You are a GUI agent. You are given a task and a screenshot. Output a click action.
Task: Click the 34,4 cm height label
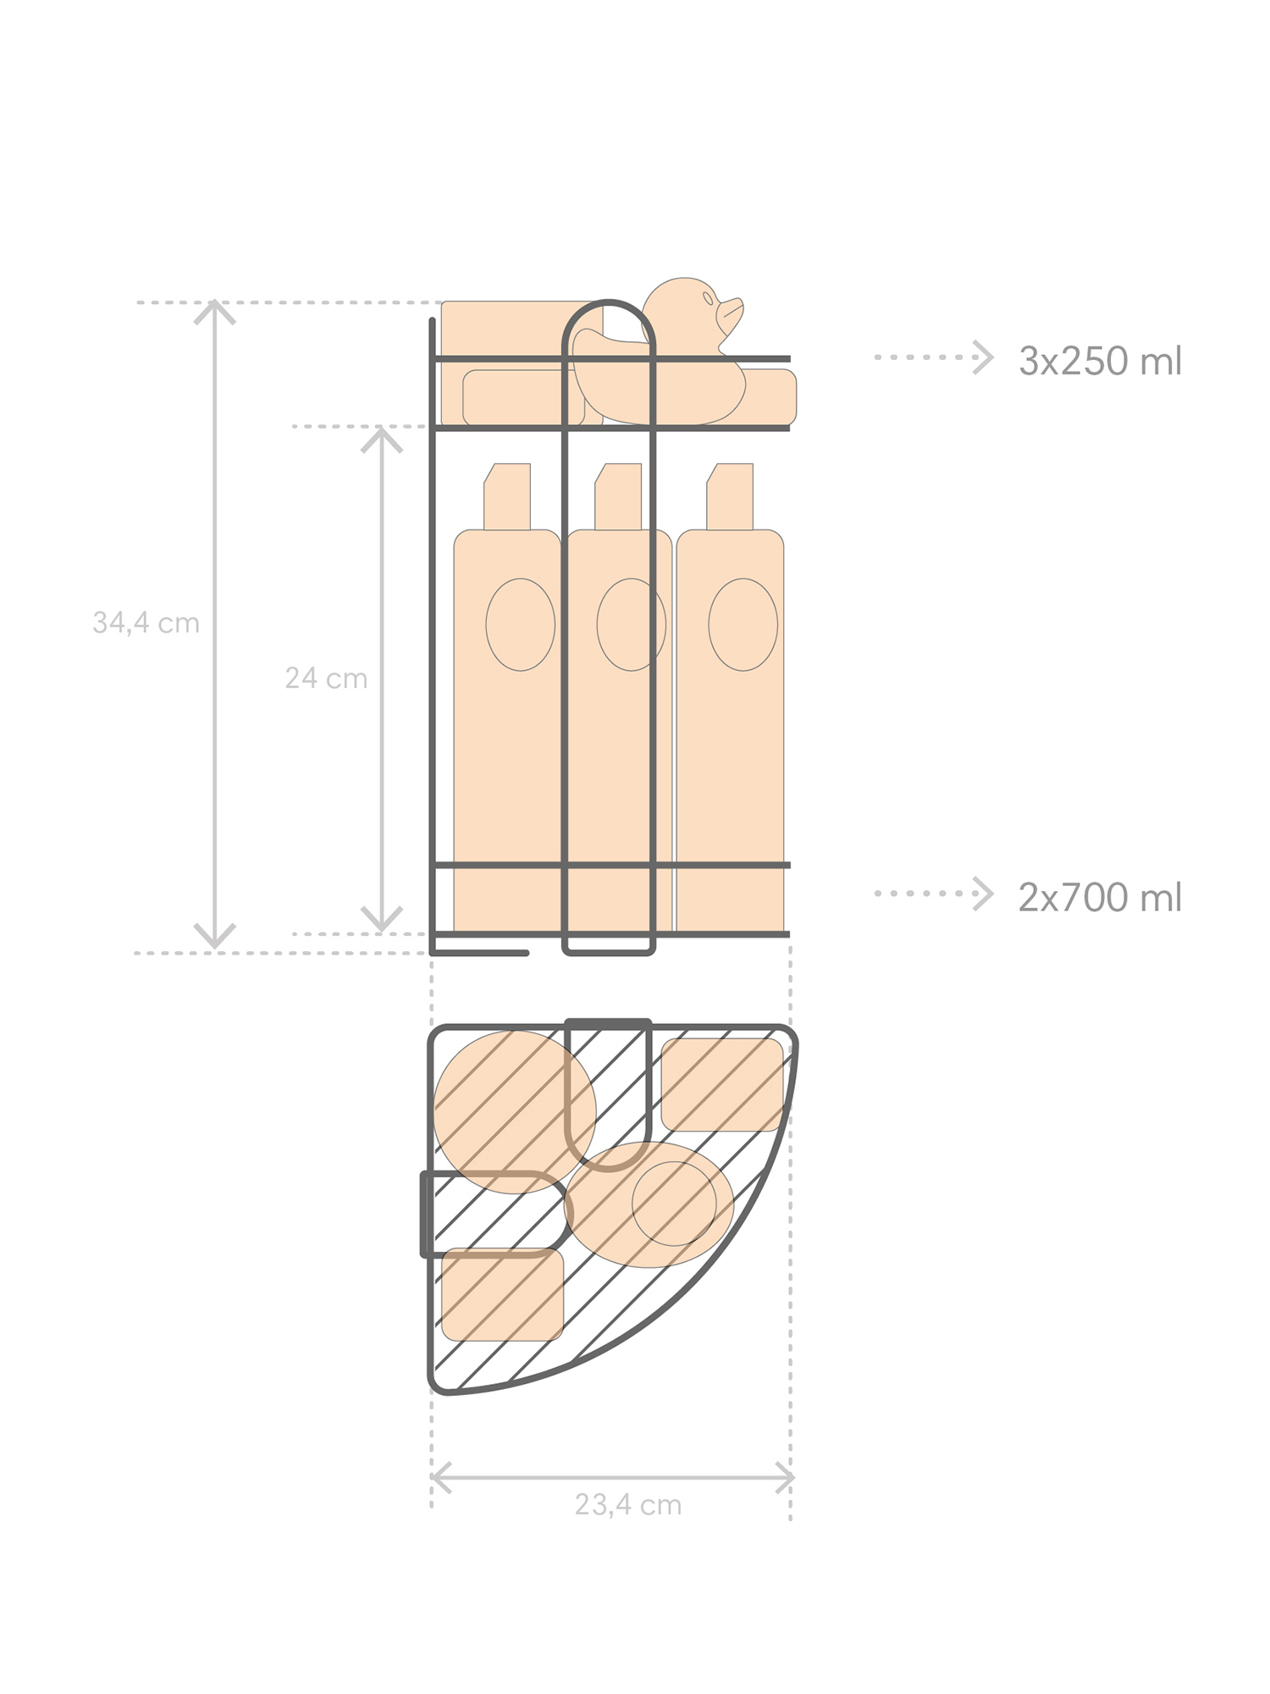pyautogui.click(x=146, y=623)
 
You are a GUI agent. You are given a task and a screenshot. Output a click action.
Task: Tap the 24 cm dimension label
pyautogui.click(x=326, y=678)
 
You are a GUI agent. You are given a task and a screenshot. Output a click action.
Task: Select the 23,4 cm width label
pyautogui.click(x=628, y=1504)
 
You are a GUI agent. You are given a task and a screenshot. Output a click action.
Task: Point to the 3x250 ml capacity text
pyautogui.click(x=1100, y=361)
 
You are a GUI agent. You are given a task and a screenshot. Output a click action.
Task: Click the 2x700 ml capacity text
pyautogui.click(x=1100, y=897)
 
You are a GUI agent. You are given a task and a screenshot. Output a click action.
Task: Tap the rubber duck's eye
pyautogui.click(x=708, y=298)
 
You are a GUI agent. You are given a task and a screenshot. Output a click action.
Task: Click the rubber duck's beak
pyautogui.click(x=730, y=314)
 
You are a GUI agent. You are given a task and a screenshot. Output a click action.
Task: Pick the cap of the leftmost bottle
pyautogui.click(x=507, y=496)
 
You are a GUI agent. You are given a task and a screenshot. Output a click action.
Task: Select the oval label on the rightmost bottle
pyautogui.click(x=743, y=625)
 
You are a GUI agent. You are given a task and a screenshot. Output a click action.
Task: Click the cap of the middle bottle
pyautogui.click(x=618, y=496)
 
